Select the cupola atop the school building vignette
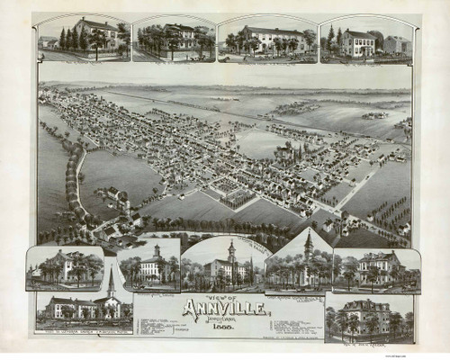(157, 250)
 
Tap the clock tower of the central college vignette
(231, 247)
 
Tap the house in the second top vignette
(180, 36)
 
